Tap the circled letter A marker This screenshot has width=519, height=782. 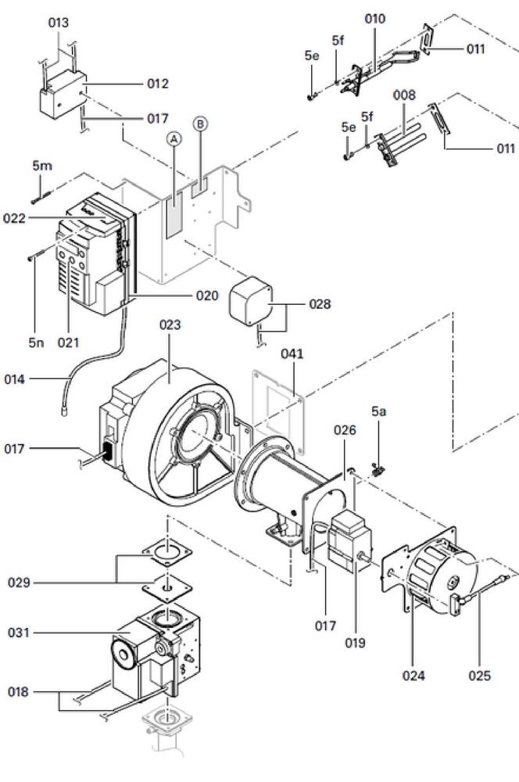(x=174, y=139)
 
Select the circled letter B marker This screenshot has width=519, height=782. (x=200, y=124)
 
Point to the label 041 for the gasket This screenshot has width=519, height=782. (x=292, y=354)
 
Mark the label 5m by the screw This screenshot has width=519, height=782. (x=42, y=166)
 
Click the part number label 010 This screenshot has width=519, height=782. (x=376, y=19)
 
